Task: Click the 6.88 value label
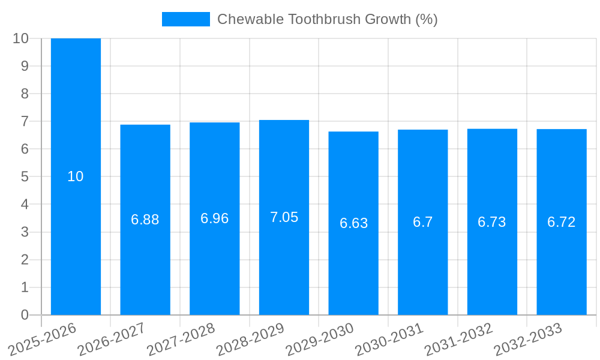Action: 145,220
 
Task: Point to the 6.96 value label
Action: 215,218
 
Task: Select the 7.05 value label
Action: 284,217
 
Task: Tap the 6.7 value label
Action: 422,222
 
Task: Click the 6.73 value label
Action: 492,222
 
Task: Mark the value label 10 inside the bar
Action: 76,176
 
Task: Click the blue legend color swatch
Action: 186,19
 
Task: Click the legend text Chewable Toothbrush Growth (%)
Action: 327,19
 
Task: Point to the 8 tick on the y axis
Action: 25,94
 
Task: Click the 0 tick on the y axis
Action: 25,315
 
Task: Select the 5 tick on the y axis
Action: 25,176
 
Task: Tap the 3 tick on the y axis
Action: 25,232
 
